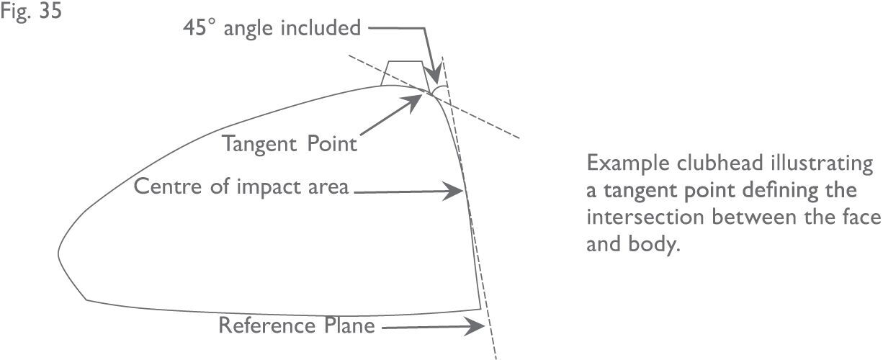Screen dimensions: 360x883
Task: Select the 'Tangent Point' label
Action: click(289, 143)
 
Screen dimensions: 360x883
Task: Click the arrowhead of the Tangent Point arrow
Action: click(417, 99)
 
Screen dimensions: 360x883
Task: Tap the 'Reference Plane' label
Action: click(297, 325)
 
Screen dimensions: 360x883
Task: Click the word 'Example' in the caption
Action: click(622, 163)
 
